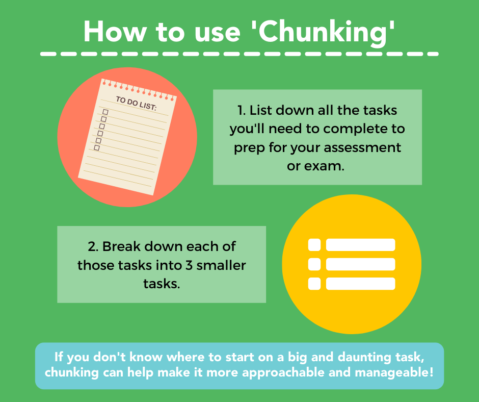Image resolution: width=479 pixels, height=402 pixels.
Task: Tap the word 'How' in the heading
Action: [x=115, y=32]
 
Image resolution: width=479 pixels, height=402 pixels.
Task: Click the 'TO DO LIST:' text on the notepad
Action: [x=136, y=103]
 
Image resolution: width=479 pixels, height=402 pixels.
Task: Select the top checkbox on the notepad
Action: [x=105, y=112]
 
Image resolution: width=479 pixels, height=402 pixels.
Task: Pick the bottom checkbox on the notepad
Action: [x=97, y=148]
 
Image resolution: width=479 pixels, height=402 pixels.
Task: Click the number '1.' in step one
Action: [x=242, y=110]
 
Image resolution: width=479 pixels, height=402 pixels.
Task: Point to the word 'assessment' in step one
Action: [x=362, y=147]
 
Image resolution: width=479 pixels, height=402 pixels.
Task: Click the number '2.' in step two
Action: [x=93, y=246]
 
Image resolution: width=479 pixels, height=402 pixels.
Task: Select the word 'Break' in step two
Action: [x=122, y=246]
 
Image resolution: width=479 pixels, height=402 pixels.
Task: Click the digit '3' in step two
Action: [x=189, y=265]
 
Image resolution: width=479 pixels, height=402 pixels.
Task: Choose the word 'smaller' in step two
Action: [x=221, y=265]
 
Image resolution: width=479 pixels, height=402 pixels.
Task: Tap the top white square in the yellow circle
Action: [x=314, y=245]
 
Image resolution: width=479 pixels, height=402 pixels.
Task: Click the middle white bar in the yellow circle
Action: [x=360, y=264]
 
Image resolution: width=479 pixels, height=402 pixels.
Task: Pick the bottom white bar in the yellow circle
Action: [x=360, y=284]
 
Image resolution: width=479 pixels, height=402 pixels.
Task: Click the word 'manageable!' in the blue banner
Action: [x=394, y=372]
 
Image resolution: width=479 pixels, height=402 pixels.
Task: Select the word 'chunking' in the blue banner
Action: [x=72, y=372]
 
